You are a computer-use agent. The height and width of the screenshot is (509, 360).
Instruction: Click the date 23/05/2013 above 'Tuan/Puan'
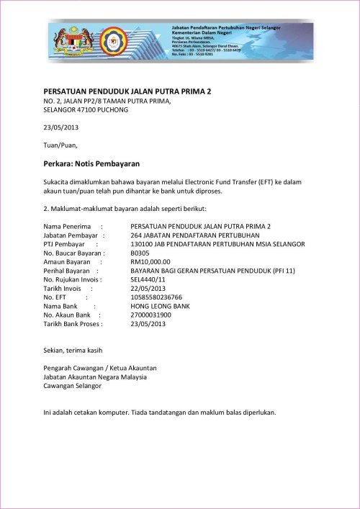point(61,127)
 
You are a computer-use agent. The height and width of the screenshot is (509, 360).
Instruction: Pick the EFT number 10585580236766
point(156,297)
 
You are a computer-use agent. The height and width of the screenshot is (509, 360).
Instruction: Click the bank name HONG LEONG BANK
point(160,306)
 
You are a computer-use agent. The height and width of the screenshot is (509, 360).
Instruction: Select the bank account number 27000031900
point(151,315)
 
